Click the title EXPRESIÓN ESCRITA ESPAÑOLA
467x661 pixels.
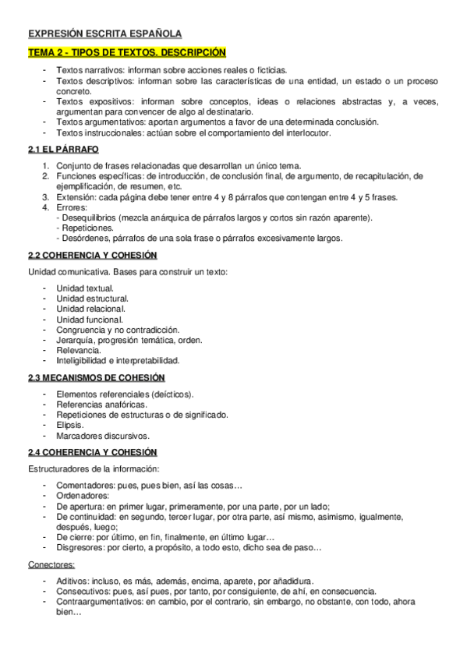coord(104,34)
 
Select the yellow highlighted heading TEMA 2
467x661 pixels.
coord(127,52)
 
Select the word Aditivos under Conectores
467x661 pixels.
coord(73,581)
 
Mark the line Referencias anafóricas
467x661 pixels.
coord(100,405)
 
